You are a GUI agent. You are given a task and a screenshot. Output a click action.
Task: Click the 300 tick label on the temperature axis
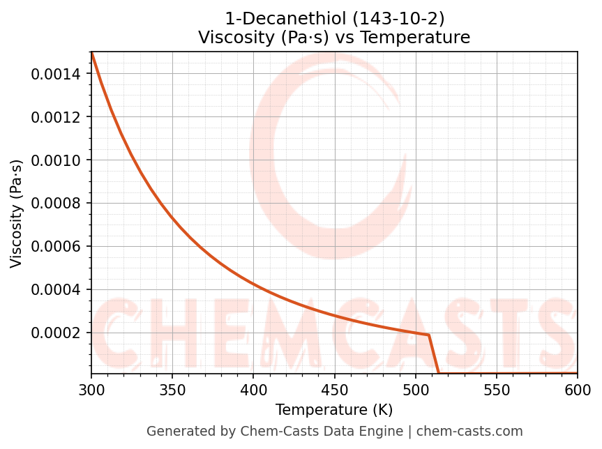click(91, 390)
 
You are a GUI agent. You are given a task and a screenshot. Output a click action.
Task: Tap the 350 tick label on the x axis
click(172, 390)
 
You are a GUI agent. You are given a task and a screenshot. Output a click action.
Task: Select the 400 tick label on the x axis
click(253, 390)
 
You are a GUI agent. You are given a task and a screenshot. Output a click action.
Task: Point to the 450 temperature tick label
click(334, 390)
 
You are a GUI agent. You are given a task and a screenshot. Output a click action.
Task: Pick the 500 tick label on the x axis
click(416, 390)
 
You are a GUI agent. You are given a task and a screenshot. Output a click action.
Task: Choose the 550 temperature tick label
click(497, 390)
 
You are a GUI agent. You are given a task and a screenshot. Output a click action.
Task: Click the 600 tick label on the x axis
click(578, 390)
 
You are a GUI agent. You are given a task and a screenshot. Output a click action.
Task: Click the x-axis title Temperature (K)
click(334, 410)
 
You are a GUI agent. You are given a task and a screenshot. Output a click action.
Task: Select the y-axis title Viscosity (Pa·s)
click(17, 213)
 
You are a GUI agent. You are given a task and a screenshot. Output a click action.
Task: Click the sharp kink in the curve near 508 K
click(428, 335)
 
